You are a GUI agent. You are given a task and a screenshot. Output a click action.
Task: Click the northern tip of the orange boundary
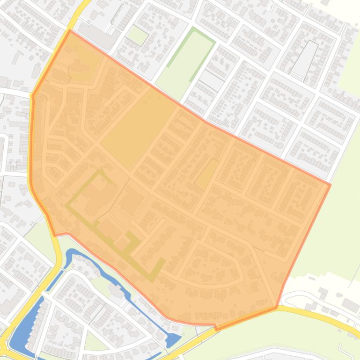point(70,31)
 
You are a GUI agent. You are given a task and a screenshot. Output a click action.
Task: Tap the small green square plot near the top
point(137,35)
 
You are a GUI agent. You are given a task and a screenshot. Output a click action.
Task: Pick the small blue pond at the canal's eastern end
point(173,339)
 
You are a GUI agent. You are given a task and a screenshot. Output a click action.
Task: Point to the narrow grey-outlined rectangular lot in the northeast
point(305,58)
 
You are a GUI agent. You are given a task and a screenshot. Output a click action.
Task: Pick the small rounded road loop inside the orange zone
point(121,218)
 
